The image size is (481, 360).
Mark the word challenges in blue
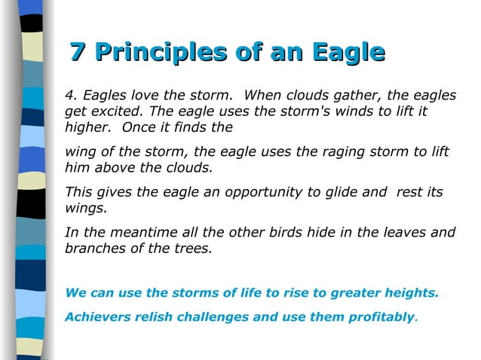212,317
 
